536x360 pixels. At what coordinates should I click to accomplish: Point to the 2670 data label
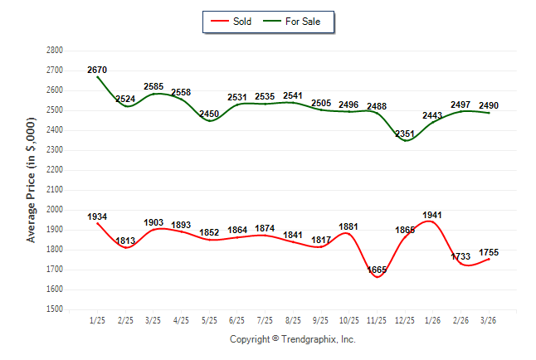pos(97,70)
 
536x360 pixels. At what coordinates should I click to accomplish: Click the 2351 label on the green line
pos(405,134)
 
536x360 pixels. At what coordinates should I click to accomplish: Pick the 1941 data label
pos(432,215)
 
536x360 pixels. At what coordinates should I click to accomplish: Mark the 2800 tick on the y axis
pos(55,50)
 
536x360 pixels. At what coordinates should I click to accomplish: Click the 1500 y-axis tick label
pos(55,309)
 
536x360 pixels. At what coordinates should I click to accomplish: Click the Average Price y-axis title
pos(32,180)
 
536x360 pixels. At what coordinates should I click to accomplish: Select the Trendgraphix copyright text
pos(292,339)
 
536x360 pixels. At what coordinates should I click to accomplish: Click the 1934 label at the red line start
pos(97,216)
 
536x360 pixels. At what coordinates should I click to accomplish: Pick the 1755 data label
pos(490,252)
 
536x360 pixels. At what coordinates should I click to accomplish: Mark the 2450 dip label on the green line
pos(208,114)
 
